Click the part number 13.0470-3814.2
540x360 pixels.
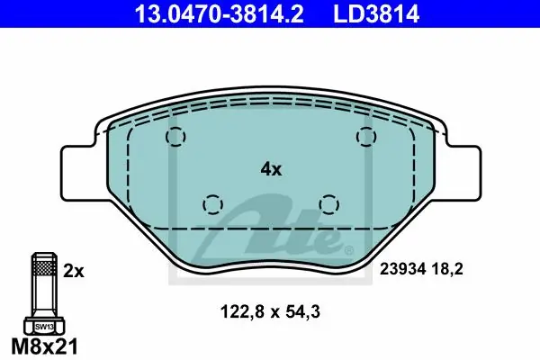pos(219,14)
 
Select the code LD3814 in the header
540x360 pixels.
pos(376,14)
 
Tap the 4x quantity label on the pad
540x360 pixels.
pos(271,169)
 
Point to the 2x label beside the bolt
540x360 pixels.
pos(74,272)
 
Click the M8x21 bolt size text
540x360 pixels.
pos(45,346)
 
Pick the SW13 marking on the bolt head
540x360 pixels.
pos(44,327)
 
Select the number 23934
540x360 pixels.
pos(402,269)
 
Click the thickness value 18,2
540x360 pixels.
pos(447,269)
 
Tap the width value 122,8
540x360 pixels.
pos(242,312)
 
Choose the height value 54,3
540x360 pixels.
pos(303,312)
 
